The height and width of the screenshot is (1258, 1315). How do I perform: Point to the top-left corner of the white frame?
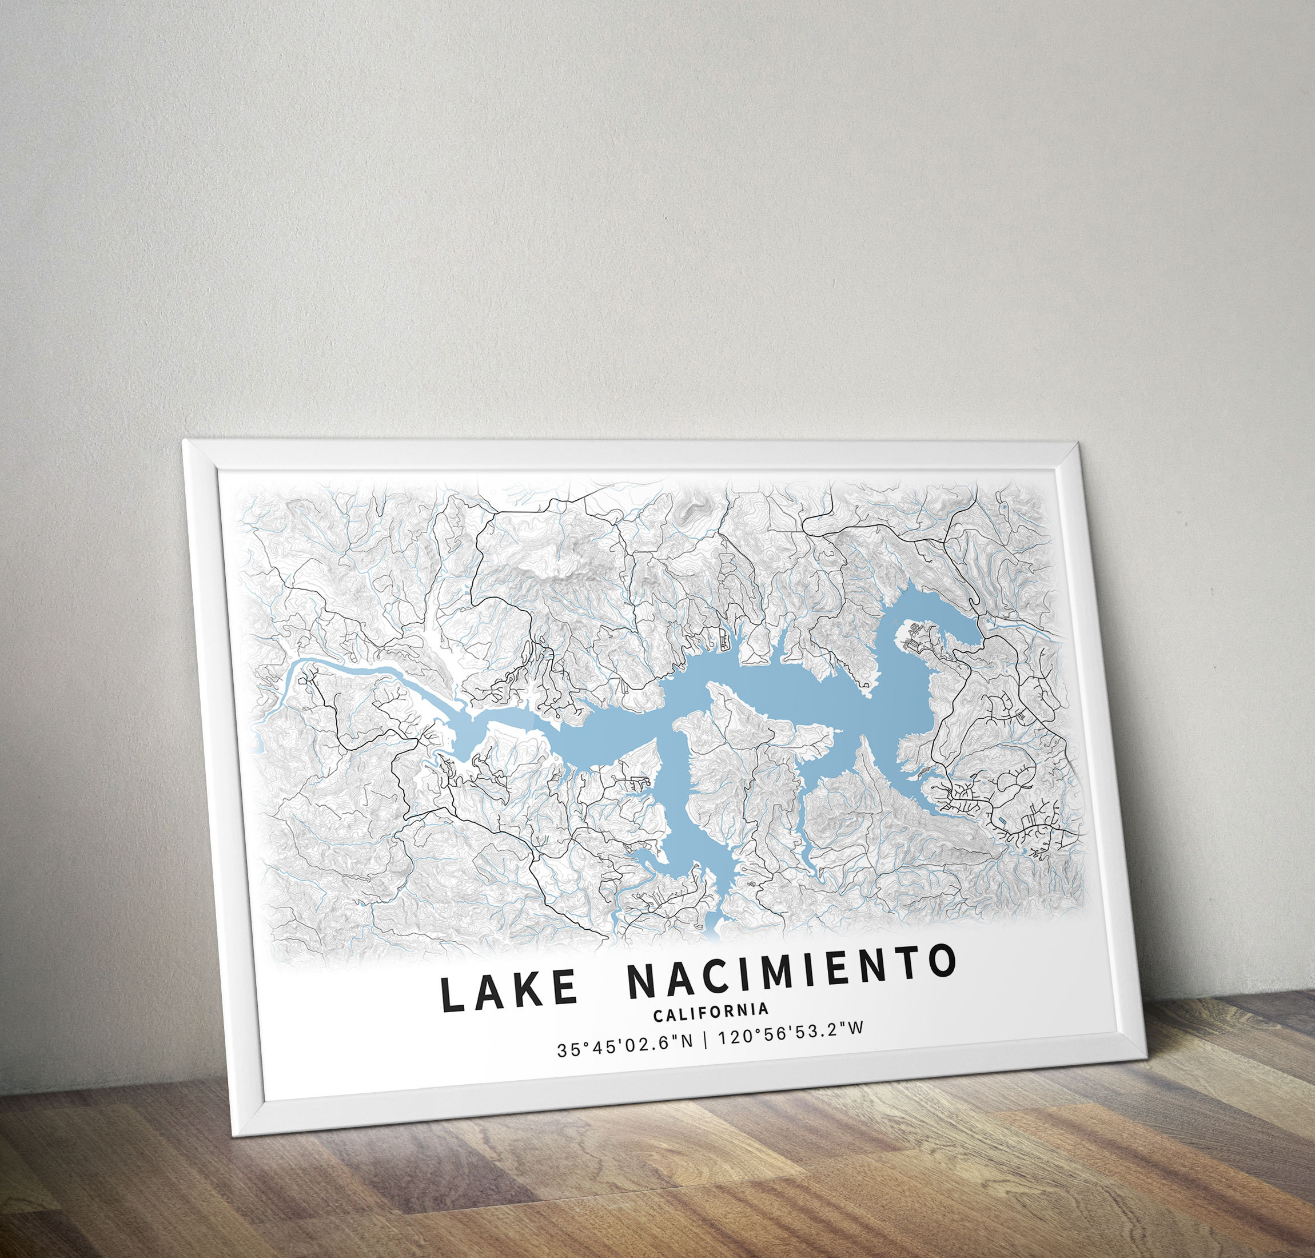[x=185, y=443]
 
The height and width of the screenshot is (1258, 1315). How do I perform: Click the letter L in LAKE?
[x=451, y=995]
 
